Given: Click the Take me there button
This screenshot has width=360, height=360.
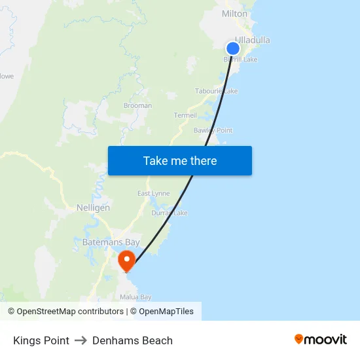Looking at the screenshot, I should (180, 160).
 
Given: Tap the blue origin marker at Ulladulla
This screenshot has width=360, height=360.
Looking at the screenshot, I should (233, 48).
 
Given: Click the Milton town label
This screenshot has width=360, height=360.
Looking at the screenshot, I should (234, 14).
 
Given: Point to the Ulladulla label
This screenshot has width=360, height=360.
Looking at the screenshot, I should (253, 40).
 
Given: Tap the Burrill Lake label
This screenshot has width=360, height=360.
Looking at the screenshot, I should (241, 60).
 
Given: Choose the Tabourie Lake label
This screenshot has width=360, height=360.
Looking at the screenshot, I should (216, 91).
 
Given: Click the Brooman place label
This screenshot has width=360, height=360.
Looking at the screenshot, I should (137, 105).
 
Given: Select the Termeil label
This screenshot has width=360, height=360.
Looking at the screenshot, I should (185, 115).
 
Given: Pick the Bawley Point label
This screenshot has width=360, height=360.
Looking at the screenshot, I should (213, 130).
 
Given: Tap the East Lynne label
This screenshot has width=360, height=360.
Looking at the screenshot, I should (153, 193).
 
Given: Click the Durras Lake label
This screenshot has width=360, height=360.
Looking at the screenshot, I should (170, 213).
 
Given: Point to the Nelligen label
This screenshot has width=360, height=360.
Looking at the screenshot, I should (93, 207).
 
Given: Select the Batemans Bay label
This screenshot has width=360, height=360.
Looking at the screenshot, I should (111, 242).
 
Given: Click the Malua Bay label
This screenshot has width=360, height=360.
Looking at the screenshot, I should (135, 297).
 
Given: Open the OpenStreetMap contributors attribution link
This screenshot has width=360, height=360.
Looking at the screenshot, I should (70, 312).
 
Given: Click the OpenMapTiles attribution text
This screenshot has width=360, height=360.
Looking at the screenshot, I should (166, 312).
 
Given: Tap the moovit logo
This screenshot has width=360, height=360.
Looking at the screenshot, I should (321, 339).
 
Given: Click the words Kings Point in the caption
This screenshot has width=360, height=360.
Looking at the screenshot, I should (41, 340).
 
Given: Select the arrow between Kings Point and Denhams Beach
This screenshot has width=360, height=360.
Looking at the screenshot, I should (81, 340).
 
